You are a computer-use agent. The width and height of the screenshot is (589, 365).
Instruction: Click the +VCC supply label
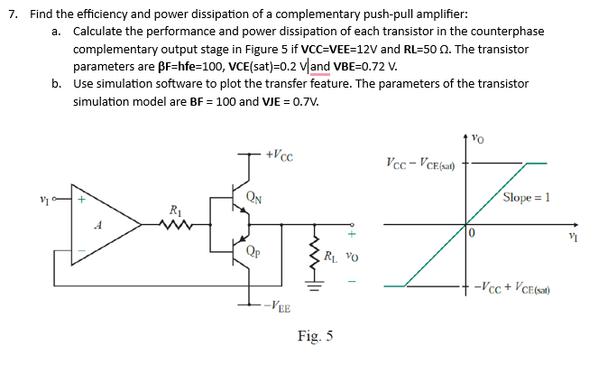275,154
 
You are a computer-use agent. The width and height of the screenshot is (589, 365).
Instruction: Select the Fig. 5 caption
315,337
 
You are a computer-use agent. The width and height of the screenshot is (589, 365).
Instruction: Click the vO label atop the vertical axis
478,139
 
